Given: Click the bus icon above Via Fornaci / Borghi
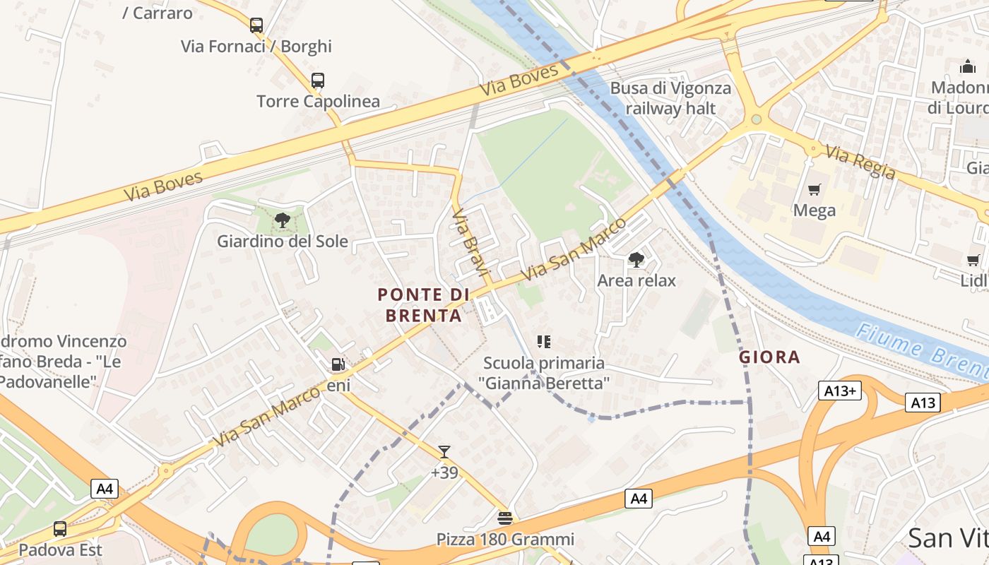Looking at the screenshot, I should click(256, 25).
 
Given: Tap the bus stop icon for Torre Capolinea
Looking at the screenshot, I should click(318, 81).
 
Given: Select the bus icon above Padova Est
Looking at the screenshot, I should click(60, 529).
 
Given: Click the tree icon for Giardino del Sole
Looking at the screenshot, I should click(283, 220).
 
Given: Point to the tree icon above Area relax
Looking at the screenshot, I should click(636, 260).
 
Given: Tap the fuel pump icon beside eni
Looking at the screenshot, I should click(338, 364).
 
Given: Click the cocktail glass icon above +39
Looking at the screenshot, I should click(444, 452).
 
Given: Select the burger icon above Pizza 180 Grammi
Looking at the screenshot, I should click(504, 518).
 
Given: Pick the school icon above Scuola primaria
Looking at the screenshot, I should click(543, 343).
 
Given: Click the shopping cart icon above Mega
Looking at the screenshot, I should click(815, 189).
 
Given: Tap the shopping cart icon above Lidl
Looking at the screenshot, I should click(973, 260).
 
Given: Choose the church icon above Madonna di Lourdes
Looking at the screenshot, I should click(967, 67).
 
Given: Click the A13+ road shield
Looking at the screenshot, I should click(840, 391).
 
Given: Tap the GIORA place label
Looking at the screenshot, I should click(769, 357).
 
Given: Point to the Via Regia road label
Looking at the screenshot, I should click(860, 162).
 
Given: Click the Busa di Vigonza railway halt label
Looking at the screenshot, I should click(670, 98).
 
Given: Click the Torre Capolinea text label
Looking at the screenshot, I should click(318, 101).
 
